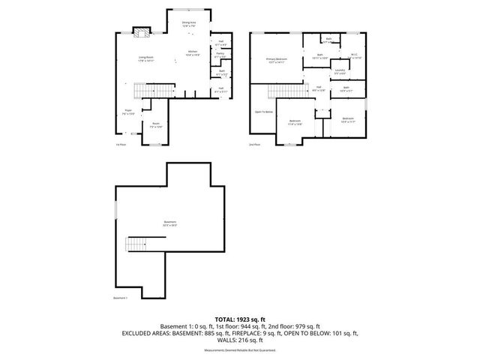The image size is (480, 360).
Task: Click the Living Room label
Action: tap(145, 58)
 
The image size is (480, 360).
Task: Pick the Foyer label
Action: tap(129, 112)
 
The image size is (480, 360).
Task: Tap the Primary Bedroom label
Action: tap(276, 59)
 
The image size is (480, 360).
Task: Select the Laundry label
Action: tap(340, 71)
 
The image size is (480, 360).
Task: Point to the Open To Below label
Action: tap(264, 111)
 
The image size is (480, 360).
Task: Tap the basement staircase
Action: tap(136, 244)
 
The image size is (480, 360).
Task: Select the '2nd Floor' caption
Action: tap(253, 145)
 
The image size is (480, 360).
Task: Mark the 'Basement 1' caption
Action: tap(121, 298)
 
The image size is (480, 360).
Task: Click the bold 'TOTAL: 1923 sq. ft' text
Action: tap(240, 319)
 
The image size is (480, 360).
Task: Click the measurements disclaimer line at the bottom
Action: tap(240, 350)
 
